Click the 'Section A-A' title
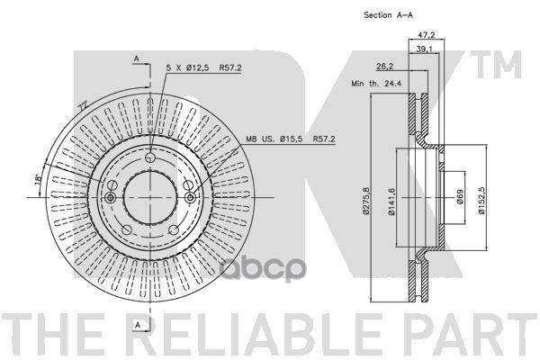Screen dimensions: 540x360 (390, 15)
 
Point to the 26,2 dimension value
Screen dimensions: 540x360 (383, 66)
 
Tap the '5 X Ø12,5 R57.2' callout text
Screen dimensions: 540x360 (193, 67)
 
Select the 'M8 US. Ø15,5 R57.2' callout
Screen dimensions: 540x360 (291, 139)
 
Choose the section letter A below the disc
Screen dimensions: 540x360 (136, 323)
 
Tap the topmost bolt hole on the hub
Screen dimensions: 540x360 (149, 162)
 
